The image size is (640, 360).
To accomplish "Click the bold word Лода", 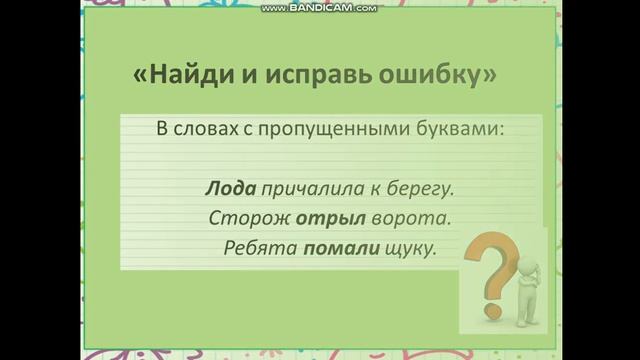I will pos(231,188).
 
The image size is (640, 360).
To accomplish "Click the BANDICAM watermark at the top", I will pos(319,8).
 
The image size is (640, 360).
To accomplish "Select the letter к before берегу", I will pos(366,188).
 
